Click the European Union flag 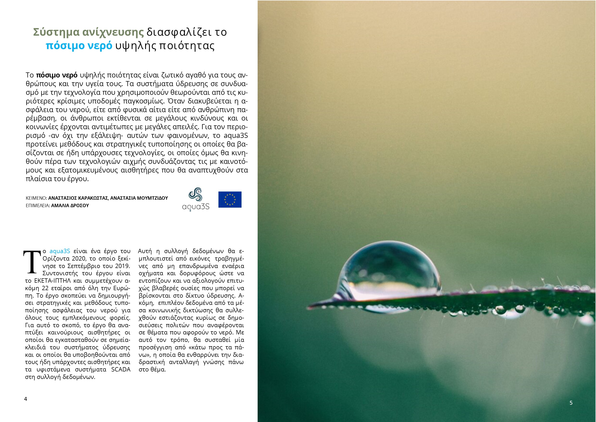tap(230, 199)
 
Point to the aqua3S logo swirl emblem tap(195, 195)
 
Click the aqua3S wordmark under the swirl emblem tap(196, 207)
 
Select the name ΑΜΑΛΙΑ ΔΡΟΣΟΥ tap(70, 205)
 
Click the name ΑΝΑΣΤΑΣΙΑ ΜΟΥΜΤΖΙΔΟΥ tap(139, 198)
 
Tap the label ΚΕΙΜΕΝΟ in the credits tap(36, 198)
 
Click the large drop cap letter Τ tap(32, 262)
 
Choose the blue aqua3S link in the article tap(60, 251)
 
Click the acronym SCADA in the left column tap(121, 370)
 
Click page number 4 tap(25, 399)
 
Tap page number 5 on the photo tap(571, 403)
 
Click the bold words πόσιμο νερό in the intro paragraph tap(56, 75)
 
